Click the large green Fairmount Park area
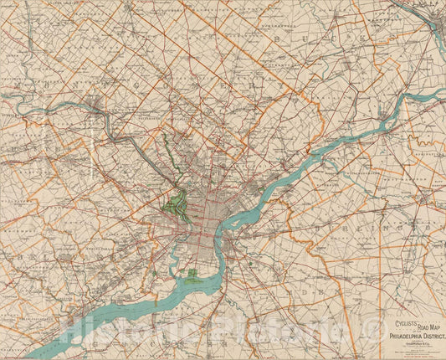177,203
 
